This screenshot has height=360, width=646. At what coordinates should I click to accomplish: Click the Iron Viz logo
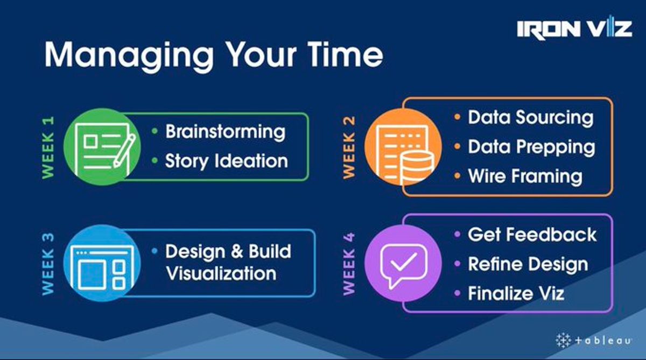pyautogui.click(x=574, y=28)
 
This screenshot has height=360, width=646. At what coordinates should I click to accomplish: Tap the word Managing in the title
pyautogui.click(x=129, y=55)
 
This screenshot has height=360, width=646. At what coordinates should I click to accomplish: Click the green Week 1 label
pyautogui.click(x=48, y=147)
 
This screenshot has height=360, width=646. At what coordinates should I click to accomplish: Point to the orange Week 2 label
pyautogui.click(x=349, y=147)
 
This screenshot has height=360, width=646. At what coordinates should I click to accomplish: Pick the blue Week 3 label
pyautogui.click(x=48, y=264)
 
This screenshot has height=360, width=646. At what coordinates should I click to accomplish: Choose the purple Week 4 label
pyautogui.click(x=349, y=264)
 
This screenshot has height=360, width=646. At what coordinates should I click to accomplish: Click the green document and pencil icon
pyautogui.click(x=102, y=147)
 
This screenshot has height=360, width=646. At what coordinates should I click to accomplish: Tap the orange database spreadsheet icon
pyautogui.click(x=403, y=147)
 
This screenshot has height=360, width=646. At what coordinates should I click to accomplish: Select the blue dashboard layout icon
pyautogui.click(x=102, y=263)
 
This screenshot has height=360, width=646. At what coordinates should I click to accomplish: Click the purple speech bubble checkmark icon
pyautogui.click(x=403, y=263)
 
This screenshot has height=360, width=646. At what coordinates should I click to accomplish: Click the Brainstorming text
pyautogui.click(x=226, y=132)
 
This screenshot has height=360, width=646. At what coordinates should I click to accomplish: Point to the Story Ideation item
pyautogui.click(x=227, y=161)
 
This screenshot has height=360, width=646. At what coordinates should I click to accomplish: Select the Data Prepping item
pyautogui.click(x=531, y=147)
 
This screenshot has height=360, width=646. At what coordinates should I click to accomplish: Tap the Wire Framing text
pyautogui.click(x=525, y=177)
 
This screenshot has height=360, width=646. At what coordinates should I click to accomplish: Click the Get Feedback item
pyautogui.click(x=532, y=235)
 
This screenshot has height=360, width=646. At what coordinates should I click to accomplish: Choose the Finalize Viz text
pyautogui.click(x=516, y=294)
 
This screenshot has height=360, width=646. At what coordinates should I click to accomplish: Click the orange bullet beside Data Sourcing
pyautogui.click(x=457, y=117)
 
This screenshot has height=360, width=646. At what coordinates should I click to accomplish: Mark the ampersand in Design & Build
pyautogui.click(x=237, y=252)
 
